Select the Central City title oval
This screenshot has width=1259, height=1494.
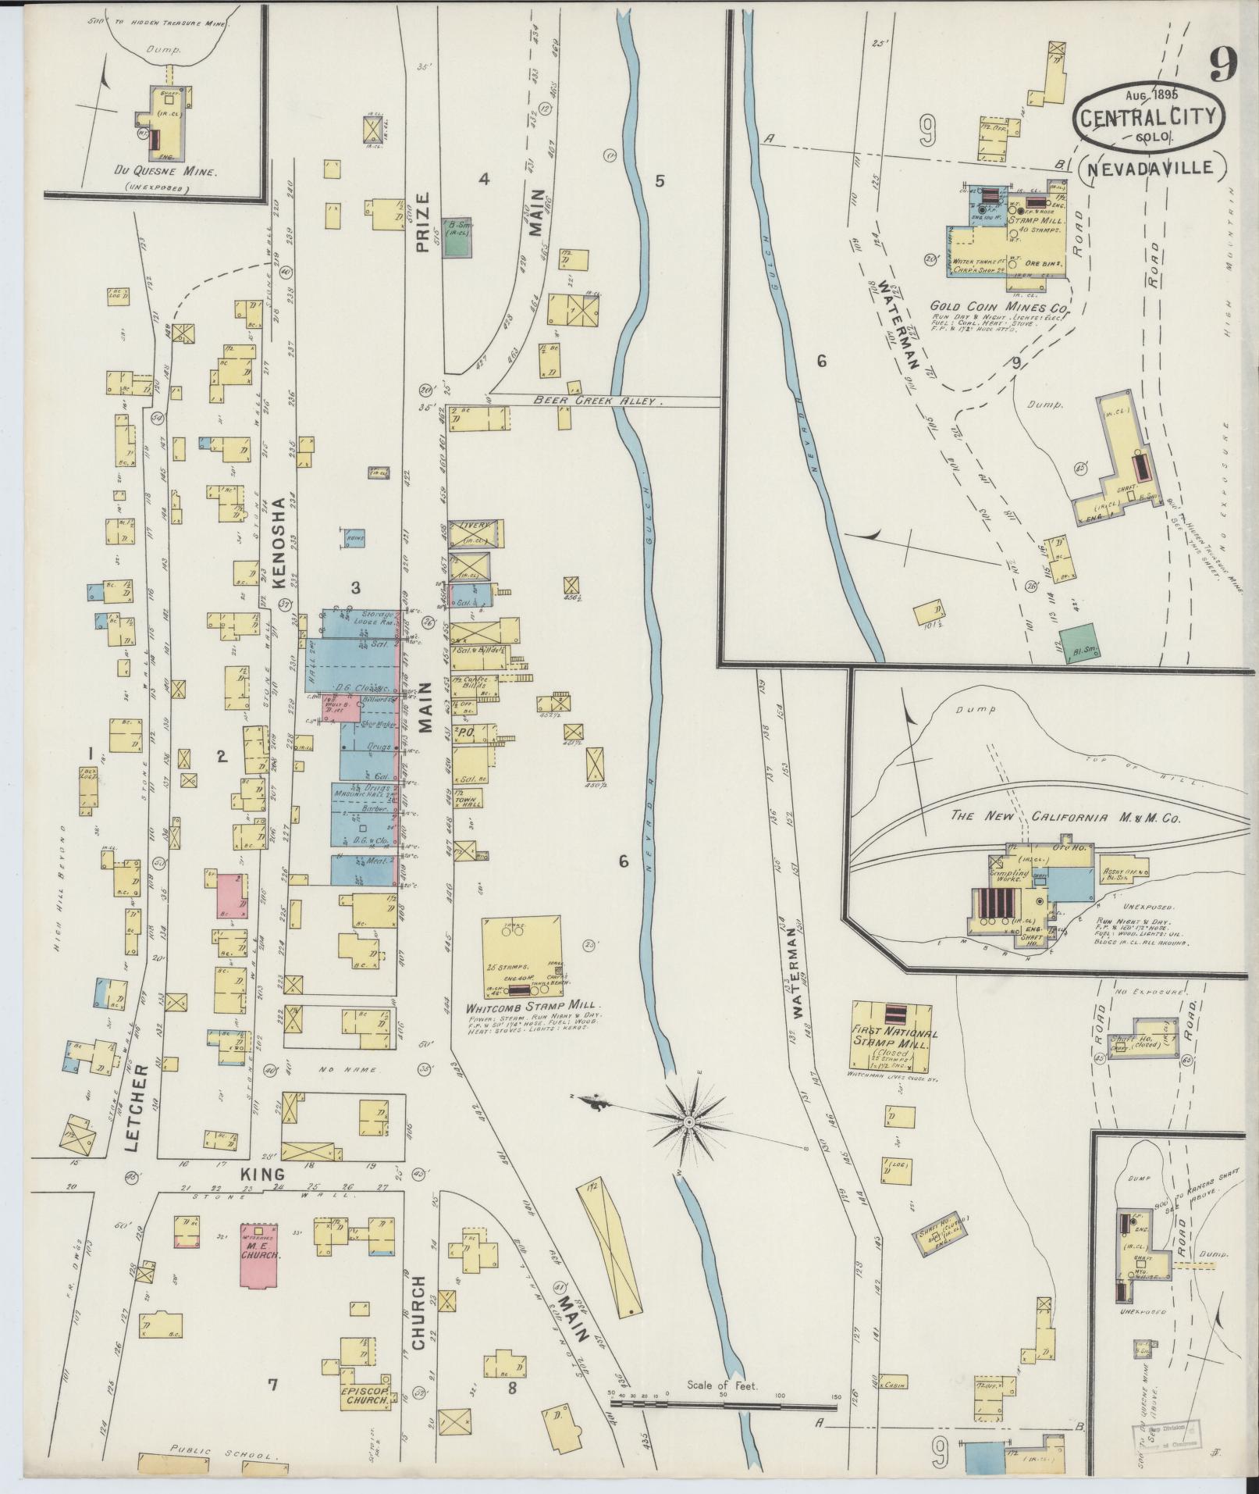1147,117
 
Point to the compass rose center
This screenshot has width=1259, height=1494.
689,1121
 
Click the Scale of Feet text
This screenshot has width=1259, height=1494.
721,1385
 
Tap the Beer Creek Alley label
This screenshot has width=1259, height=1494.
598,401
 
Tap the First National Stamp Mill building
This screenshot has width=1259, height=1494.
891,1035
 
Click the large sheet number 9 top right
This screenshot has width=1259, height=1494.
1225,63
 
